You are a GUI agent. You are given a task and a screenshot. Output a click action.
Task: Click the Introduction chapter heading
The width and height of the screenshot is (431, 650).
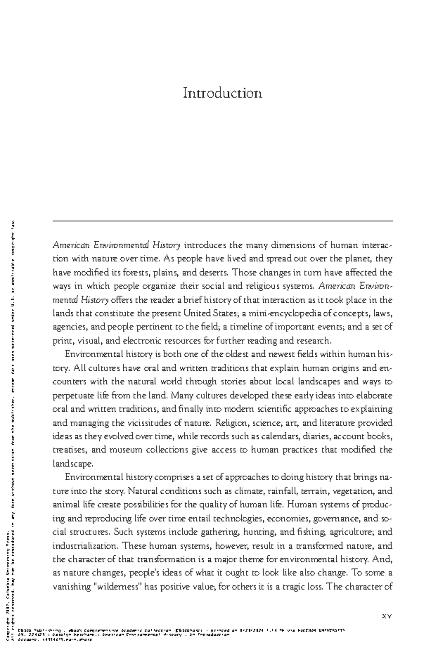click(x=222, y=93)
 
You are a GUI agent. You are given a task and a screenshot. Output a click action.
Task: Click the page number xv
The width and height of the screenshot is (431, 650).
click(x=386, y=616)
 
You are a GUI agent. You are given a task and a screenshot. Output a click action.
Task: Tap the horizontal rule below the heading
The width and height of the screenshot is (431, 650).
click(x=222, y=221)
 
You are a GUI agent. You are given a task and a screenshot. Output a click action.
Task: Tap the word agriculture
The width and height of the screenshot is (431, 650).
click(x=352, y=532)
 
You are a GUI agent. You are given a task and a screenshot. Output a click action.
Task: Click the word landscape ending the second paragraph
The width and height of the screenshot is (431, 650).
click(x=73, y=464)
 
